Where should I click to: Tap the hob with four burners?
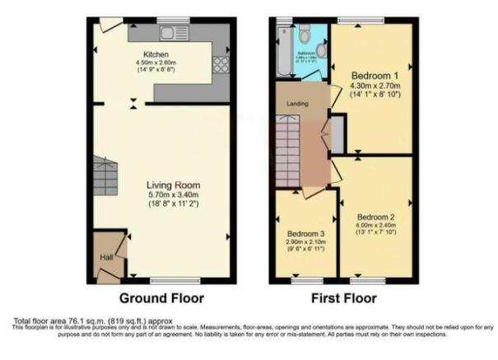point(221,64)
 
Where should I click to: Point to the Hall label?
point(107,258)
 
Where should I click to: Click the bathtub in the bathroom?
point(285,49)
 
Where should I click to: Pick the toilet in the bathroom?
point(304,34)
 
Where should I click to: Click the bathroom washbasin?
point(322,51)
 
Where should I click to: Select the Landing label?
point(297,105)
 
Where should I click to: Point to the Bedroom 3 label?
point(304,234)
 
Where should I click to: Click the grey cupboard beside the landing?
point(337,136)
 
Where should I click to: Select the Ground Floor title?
point(162,298)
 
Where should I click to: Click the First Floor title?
point(342,298)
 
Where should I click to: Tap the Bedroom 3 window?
point(304,281)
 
